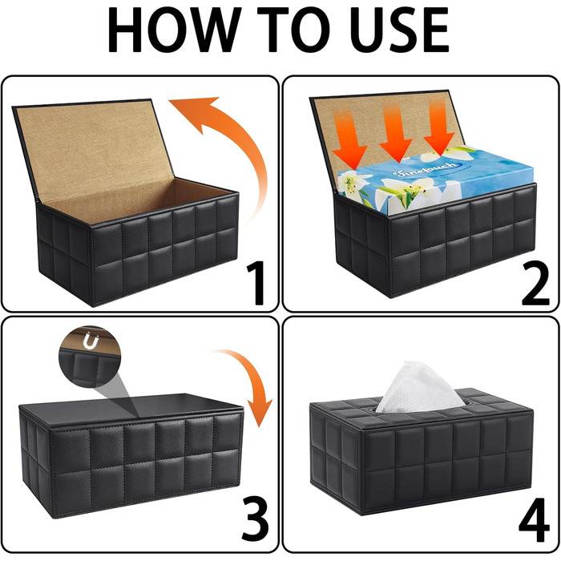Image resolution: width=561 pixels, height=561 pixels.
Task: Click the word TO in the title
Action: (294, 30)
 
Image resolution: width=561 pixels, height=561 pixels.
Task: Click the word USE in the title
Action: (399, 30)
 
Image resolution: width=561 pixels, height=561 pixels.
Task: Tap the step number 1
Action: (256, 283)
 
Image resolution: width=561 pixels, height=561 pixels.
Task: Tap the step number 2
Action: (535, 283)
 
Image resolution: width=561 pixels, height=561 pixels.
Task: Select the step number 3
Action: (255, 519)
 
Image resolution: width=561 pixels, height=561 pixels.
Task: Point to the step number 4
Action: (534, 519)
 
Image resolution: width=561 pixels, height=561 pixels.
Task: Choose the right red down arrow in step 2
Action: (438, 129)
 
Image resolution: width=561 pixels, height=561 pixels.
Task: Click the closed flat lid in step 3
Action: (132, 410)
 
